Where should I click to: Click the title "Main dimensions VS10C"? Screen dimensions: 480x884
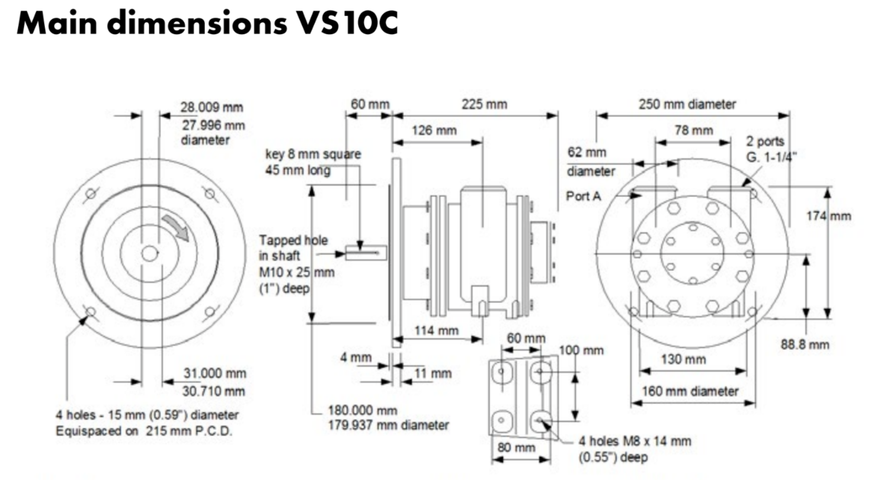pos(207,24)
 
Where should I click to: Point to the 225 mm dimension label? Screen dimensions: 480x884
pos(485,104)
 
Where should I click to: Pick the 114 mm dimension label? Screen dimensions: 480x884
pos(437,330)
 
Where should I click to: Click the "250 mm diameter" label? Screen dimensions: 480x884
pos(687,104)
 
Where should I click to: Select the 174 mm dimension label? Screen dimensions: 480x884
pos(828,215)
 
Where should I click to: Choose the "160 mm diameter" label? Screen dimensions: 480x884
pos(691,391)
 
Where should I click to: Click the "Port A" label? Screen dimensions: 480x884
pos(584,196)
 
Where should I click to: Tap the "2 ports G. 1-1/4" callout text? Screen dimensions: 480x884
pos(772,149)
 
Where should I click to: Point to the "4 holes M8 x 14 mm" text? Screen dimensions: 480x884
pos(635,442)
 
